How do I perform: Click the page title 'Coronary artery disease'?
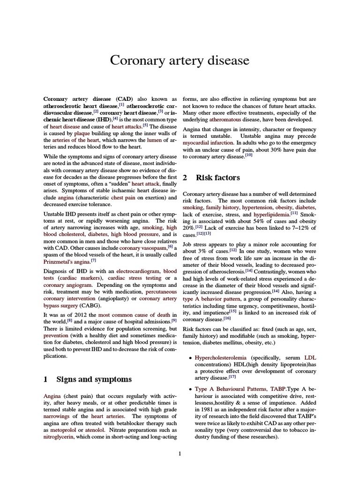180,60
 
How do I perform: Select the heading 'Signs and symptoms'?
94,379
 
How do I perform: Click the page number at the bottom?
180,453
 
